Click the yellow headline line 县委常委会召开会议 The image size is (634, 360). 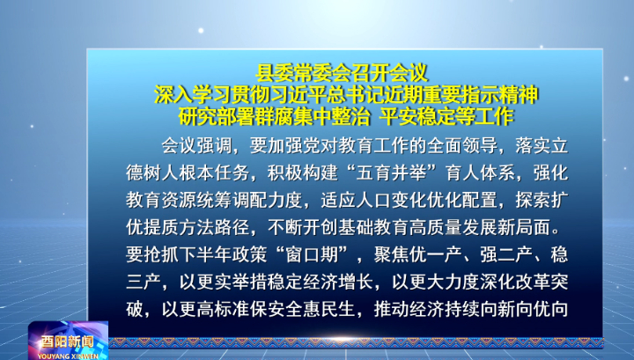[342, 73]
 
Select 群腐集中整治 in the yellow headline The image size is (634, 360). [312, 117]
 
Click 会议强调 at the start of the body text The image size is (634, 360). [196, 146]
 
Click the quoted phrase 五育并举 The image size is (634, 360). [391, 173]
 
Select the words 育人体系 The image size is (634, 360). [481, 173]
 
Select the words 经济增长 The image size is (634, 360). [338, 282]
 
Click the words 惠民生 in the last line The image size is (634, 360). [338, 310]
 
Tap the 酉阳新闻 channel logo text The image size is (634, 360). [67, 342]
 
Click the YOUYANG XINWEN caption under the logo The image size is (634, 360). [68, 356]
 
